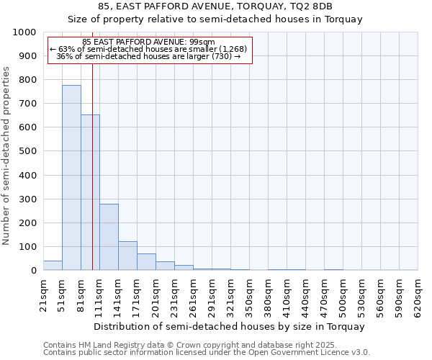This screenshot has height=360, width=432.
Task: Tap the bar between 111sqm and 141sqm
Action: click(x=109, y=237)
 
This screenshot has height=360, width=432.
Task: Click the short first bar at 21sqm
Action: click(x=53, y=266)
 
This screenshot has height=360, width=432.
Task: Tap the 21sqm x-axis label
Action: click(x=43, y=294)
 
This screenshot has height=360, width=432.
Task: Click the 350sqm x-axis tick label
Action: click(x=249, y=296)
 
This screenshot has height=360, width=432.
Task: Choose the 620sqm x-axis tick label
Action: click(x=418, y=296)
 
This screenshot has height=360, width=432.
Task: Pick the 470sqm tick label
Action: click(x=324, y=296)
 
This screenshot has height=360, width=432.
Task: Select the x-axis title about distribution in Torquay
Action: click(x=229, y=326)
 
